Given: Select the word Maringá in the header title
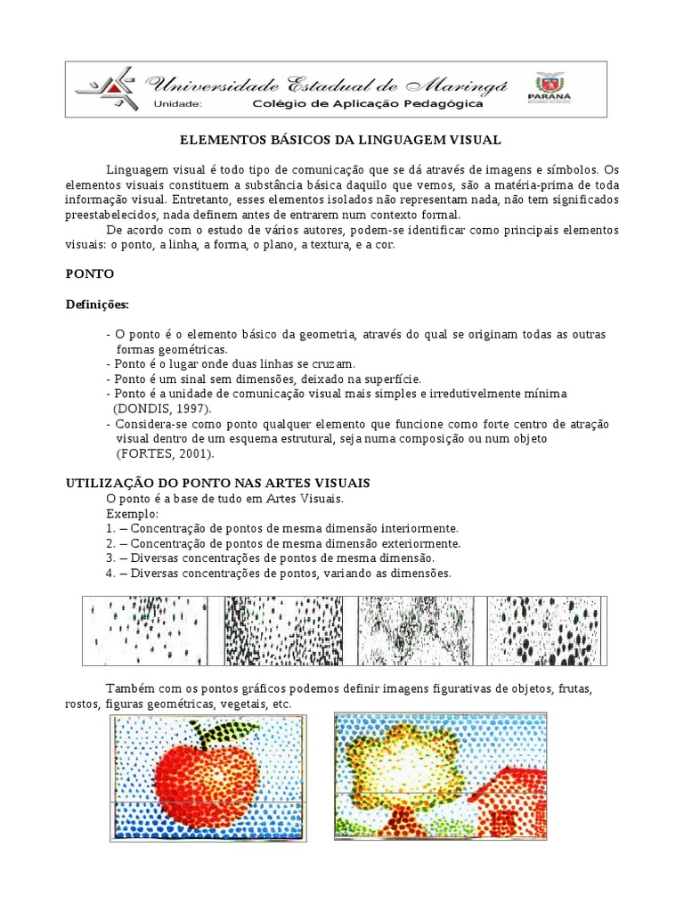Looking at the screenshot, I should pyautogui.click(x=458, y=84).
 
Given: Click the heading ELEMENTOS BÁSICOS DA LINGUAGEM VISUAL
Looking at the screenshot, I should pyautogui.click(x=341, y=140).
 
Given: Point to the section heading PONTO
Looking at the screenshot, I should pyautogui.click(x=90, y=273).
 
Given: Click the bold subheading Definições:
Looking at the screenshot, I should pyautogui.click(x=97, y=305).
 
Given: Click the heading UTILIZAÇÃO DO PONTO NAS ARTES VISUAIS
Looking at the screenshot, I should pyautogui.click(x=218, y=483).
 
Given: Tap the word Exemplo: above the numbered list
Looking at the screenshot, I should pyautogui.click(x=132, y=515).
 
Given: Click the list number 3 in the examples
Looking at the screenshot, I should pyautogui.click(x=110, y=558).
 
